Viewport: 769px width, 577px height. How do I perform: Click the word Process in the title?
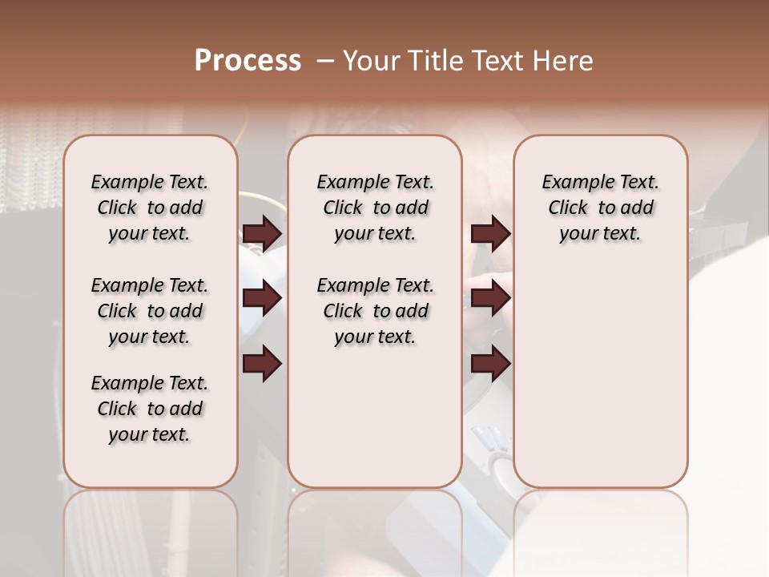(x=248, y=61)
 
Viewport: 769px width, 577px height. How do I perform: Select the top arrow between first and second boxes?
(x=262, y=234)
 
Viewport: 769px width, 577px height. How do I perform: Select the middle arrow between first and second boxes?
(x=262, y=299)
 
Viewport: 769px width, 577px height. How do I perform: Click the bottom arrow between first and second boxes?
(x=262, y=364)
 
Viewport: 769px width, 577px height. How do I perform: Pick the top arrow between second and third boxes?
(x=490, y=234)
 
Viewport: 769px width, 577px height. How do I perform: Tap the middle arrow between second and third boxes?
(x=490, y=299)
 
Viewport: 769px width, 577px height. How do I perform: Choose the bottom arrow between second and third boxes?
(x=490, y=364)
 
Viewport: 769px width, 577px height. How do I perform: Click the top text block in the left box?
(x=150, y=208)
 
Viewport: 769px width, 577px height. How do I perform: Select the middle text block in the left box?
(x=150, y=311)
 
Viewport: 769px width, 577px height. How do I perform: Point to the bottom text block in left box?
(x=150, y=409)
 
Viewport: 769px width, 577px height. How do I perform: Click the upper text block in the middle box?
(x=375, y=208)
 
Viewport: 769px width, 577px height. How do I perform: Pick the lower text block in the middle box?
(x=375, y=311)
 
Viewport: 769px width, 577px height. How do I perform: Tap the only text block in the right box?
(x=600, y=208)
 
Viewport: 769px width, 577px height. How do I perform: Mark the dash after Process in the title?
(x=324, y=61)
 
